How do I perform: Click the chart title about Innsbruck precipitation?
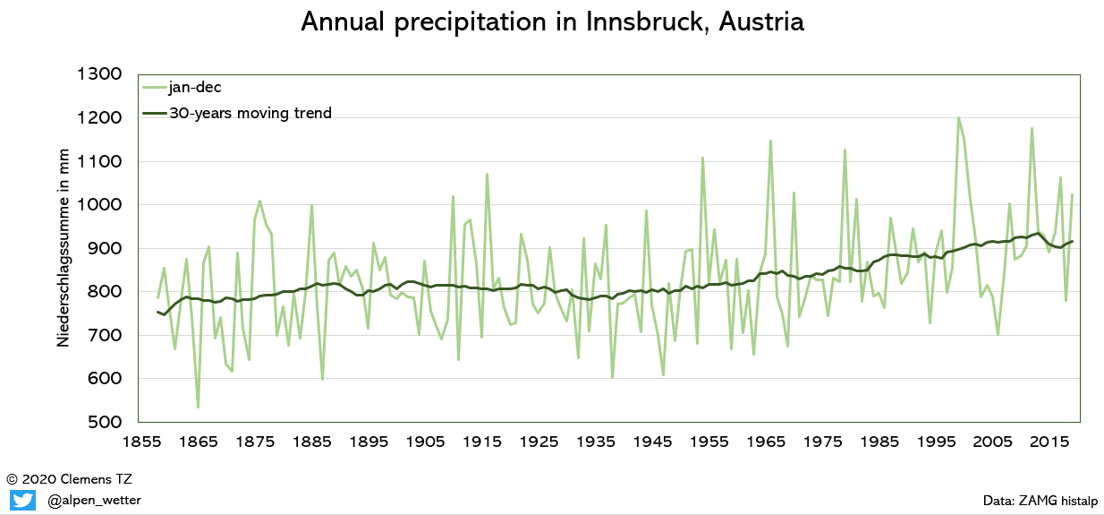click(552, 22)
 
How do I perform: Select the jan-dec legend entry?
click(194, 87)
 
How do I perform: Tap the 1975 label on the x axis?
click(817, 442)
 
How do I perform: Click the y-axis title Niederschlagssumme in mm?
click(64, 248)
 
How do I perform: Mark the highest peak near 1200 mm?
click(958, 117)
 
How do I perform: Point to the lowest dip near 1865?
click(198, 408)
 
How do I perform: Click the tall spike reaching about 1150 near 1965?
click(770, 141)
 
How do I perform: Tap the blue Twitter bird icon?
click(22, 500)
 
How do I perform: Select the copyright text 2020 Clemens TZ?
click(69, 479)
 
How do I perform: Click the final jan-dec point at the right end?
click(1072, 194)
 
